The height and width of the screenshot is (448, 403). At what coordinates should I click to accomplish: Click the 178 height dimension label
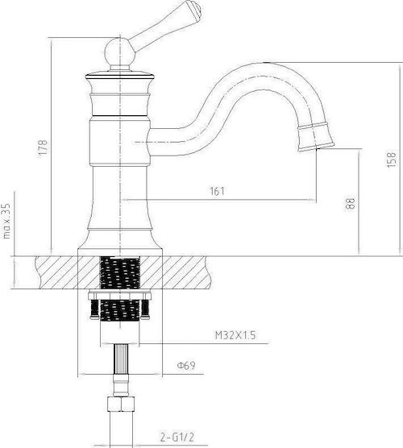[x=44, y=147]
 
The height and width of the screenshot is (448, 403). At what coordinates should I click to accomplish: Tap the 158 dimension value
[x=392, y=160]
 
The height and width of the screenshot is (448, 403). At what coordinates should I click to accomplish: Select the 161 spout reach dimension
[x=218, y=191]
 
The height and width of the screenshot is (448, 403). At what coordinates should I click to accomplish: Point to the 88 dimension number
[x=350, y=203]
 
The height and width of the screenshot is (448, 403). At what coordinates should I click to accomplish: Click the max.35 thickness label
[x=6, y=221]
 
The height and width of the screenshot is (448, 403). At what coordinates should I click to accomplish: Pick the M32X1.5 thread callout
[x=235, y=335]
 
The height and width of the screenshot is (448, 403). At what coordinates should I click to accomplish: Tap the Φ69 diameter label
[x=186, y=365]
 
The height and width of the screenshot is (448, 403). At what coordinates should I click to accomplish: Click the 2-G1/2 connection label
[x=177, y=437]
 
